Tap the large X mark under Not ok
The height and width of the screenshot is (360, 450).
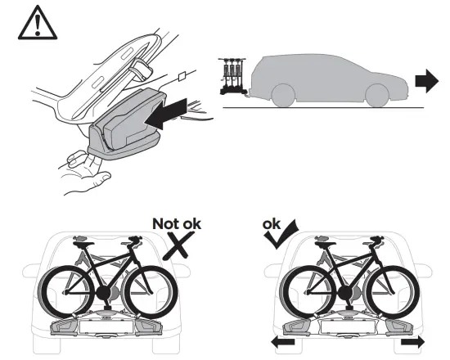179,245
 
